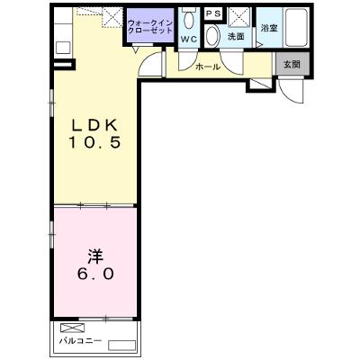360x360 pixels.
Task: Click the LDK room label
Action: pyautogui.click(x=94, y=125)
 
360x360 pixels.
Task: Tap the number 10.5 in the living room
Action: pyautogui.click(x=94, y=142)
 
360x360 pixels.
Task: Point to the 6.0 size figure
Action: pyautogui.click(x=95, y=274)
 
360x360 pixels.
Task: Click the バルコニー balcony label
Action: pyautogui.click(x=80, y=341)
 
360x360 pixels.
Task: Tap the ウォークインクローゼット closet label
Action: pyautogui.click(x=150, y=26)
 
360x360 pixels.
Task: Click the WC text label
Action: pyautogui.click(x=189, y=39)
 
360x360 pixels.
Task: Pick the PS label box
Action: pyautogui.click(x=213, y=13)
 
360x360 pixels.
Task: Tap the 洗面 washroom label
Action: pyautogui.click(x=236, y=37)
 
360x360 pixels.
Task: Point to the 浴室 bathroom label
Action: pyautogui.click(x=269, y=28)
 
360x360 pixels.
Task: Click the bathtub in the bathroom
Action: pyautogui.click(x=296, y=27)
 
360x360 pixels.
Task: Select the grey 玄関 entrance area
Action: pyautogui.click(x=292, y=64)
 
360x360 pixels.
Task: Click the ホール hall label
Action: pyautogui.click(x=208, y=67)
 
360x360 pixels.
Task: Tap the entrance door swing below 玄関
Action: pyautogui.click(x=291, y=91)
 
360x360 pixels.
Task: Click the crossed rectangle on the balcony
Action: pyautogui.click(x=73, y=328)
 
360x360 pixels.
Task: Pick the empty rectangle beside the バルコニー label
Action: pyautogui.click(x=121, y=346)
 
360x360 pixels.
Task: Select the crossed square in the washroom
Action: pyautogui.click(x=239, y=18)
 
